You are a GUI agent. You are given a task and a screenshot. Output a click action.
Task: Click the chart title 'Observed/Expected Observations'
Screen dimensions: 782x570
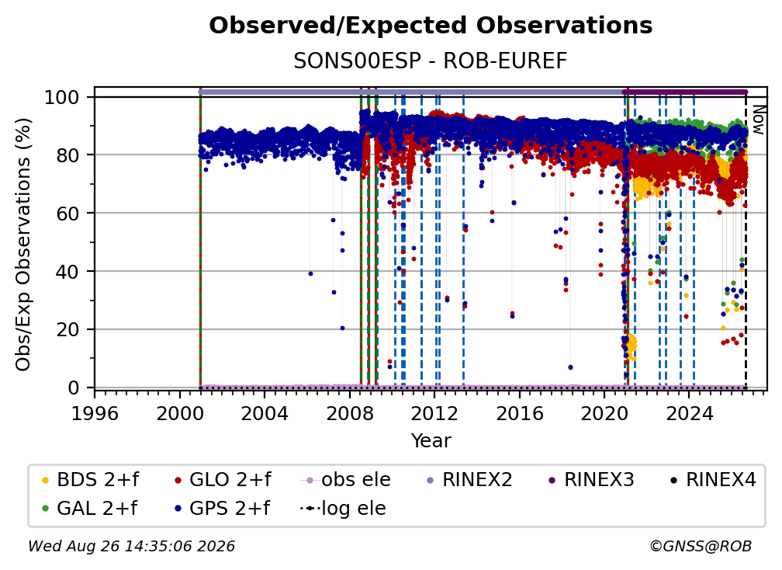coord(431,26)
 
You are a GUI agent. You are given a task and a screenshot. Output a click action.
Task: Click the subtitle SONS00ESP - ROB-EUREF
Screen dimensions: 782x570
coord(431,61)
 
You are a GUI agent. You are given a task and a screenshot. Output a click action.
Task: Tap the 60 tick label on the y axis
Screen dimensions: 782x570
coord(67,213)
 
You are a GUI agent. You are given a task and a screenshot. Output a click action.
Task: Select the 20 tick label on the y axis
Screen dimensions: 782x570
coord(67,329)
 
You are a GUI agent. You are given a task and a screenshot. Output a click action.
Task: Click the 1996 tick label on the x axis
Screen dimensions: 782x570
coord(95,413)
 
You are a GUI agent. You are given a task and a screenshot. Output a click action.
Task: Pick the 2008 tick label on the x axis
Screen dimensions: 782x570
coord(350,413)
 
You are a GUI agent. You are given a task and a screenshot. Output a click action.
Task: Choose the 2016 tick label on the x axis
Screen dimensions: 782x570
coord(520,413)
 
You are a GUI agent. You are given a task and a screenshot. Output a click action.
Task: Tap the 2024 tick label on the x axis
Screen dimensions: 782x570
coord(689,413)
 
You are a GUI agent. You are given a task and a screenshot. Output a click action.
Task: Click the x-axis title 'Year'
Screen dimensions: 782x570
coord(431,441)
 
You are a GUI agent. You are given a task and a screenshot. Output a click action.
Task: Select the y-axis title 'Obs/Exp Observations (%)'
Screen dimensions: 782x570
coord(23,245)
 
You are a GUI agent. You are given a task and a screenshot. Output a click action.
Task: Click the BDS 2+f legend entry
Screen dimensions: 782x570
coord(90,480)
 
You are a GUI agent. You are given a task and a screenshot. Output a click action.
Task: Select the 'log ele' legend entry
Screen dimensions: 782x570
coord(343,508)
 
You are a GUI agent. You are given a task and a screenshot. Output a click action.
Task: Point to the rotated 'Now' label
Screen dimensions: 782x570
coord(758,120)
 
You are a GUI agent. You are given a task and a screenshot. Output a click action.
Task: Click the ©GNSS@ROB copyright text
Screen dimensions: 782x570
coord(701,546)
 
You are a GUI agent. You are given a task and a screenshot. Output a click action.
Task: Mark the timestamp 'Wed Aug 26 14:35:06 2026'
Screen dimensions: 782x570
coord(131,546)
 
